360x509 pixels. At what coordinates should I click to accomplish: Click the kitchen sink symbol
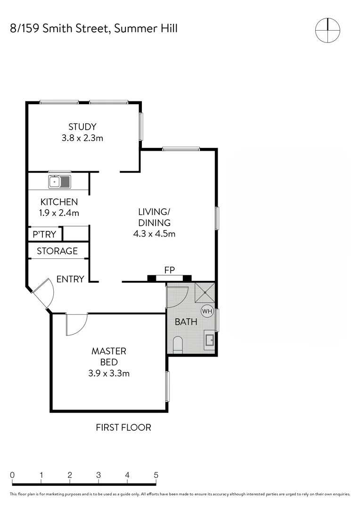[59, 181]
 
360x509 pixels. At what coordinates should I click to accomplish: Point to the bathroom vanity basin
[210, 339]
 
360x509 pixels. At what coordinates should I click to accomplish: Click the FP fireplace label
[170, 270]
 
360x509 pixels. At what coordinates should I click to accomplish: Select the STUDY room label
[82, 127]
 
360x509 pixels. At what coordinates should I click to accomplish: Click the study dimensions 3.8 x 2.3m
[82, 139]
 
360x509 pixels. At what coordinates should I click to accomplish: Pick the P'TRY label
[44, 234]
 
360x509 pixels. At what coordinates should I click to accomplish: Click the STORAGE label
[57, 251]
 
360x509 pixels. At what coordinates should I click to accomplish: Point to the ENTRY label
[70, 279]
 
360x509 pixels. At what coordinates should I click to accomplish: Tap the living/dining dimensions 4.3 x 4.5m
[154, 234]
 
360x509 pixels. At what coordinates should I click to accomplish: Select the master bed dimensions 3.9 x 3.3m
[109, 374]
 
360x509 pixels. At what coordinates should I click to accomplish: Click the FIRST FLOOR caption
[123, 427]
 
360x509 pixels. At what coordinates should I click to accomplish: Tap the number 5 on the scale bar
[156, 475]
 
